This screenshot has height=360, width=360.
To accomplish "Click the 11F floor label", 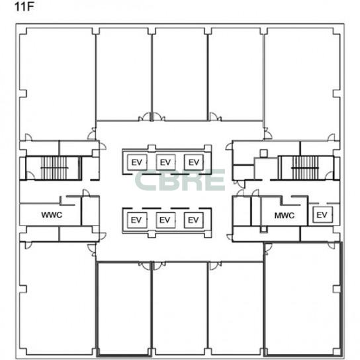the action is point(24,7).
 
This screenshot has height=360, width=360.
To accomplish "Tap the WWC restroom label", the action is point(52,215).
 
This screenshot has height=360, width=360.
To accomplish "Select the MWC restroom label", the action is point(285,216).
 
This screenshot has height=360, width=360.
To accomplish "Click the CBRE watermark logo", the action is point(180,180).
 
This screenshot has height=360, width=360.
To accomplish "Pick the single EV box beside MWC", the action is point(322,214).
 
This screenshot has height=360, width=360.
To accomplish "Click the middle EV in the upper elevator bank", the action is point(165,162).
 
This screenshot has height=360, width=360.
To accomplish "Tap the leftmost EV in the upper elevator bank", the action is point(137,162).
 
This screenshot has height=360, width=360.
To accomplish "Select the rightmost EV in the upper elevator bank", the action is point(194,162).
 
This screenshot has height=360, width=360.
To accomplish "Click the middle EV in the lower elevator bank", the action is point(165,220).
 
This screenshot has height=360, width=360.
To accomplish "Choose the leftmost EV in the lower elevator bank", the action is point(137,220).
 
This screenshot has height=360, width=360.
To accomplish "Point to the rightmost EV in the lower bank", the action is point(194,220).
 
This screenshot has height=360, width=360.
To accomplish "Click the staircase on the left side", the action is point(54,168).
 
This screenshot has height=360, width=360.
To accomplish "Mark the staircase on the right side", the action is point(305,168).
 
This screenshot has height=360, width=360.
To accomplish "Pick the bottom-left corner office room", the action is point(58,298).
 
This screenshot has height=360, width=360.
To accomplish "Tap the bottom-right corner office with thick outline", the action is point(303,299).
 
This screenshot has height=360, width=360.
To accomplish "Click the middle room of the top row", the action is point(180,74).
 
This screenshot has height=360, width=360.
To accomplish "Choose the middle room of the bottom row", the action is point(180,308).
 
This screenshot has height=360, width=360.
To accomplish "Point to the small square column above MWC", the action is point(264,153).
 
